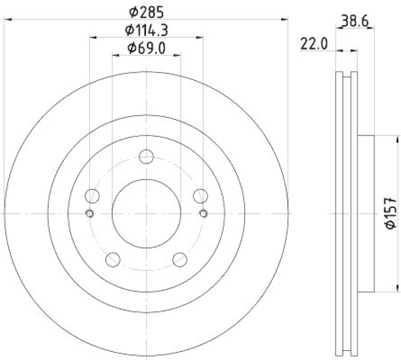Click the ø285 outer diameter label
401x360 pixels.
pos(146,11)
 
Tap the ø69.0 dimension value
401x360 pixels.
pos(146,48)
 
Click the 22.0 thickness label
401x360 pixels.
pos(314,44)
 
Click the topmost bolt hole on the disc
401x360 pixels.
pos(146,156)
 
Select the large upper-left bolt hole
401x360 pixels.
pos(92,195)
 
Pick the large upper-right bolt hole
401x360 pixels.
pos(200,195)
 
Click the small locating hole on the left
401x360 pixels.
pos(89,214)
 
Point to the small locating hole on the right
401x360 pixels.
pos(203,214)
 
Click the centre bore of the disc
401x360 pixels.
pos(146,214)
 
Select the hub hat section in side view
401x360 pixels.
pos(366,214)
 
